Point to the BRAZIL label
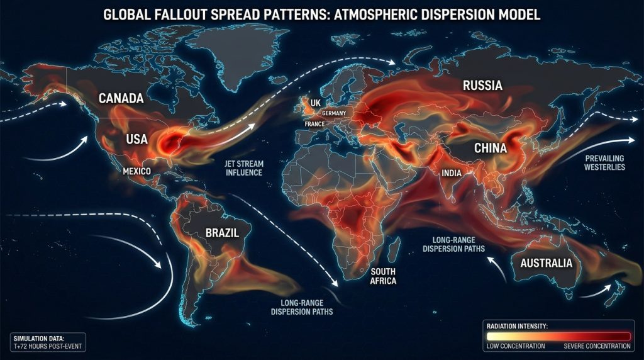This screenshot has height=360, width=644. (x=222, y=233)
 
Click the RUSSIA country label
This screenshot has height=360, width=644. (x=482, y=86)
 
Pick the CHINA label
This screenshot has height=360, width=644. (x=483, y=149)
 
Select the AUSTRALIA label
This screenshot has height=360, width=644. (x=547, y=262)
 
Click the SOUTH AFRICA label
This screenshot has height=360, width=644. (x=383, y=276)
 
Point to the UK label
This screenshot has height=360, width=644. (x=315, y=102)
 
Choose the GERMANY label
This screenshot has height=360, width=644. (x=334, y=113)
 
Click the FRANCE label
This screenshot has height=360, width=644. (x=314, y=124)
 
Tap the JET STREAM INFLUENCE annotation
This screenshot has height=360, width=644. (x=243, y=167)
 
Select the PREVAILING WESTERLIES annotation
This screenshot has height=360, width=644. (x=604, y=162)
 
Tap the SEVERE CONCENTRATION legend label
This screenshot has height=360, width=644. (x=597, y=346)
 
